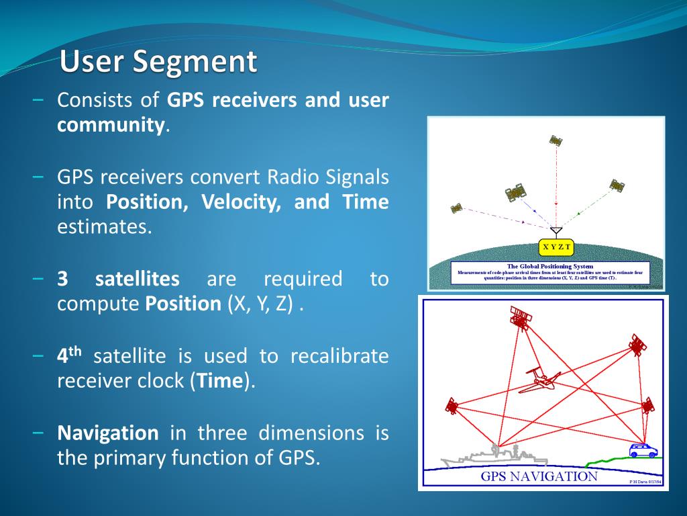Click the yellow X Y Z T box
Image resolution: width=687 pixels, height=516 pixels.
556,247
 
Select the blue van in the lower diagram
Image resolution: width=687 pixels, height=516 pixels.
643,450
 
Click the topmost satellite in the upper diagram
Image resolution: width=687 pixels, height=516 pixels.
556,140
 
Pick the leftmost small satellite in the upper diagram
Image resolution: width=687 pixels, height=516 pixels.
457,208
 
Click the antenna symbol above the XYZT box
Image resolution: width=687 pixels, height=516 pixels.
556,231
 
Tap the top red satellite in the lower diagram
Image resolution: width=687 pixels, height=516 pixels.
520,316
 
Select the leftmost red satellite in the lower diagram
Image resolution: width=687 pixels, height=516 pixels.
452,406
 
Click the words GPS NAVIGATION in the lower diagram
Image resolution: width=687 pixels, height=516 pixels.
539,477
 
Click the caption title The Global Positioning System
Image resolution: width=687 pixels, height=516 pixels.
549,266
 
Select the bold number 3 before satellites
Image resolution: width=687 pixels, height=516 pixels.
63,279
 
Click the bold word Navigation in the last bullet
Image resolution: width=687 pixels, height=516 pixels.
108,432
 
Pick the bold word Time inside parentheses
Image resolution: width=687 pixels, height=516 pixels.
219,381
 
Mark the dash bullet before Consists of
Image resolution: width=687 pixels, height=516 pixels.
38,101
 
